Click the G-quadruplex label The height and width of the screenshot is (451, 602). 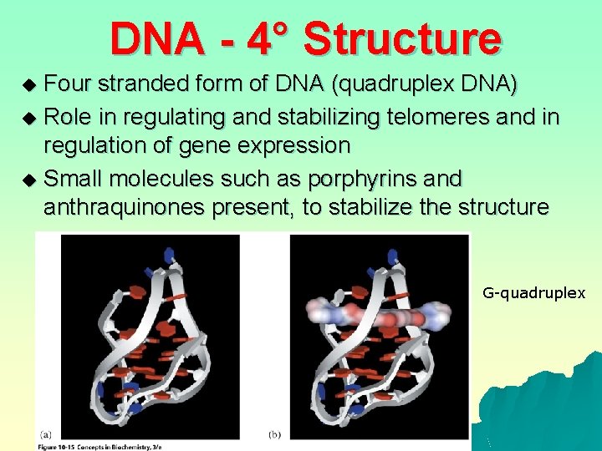[x=533, y=293]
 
